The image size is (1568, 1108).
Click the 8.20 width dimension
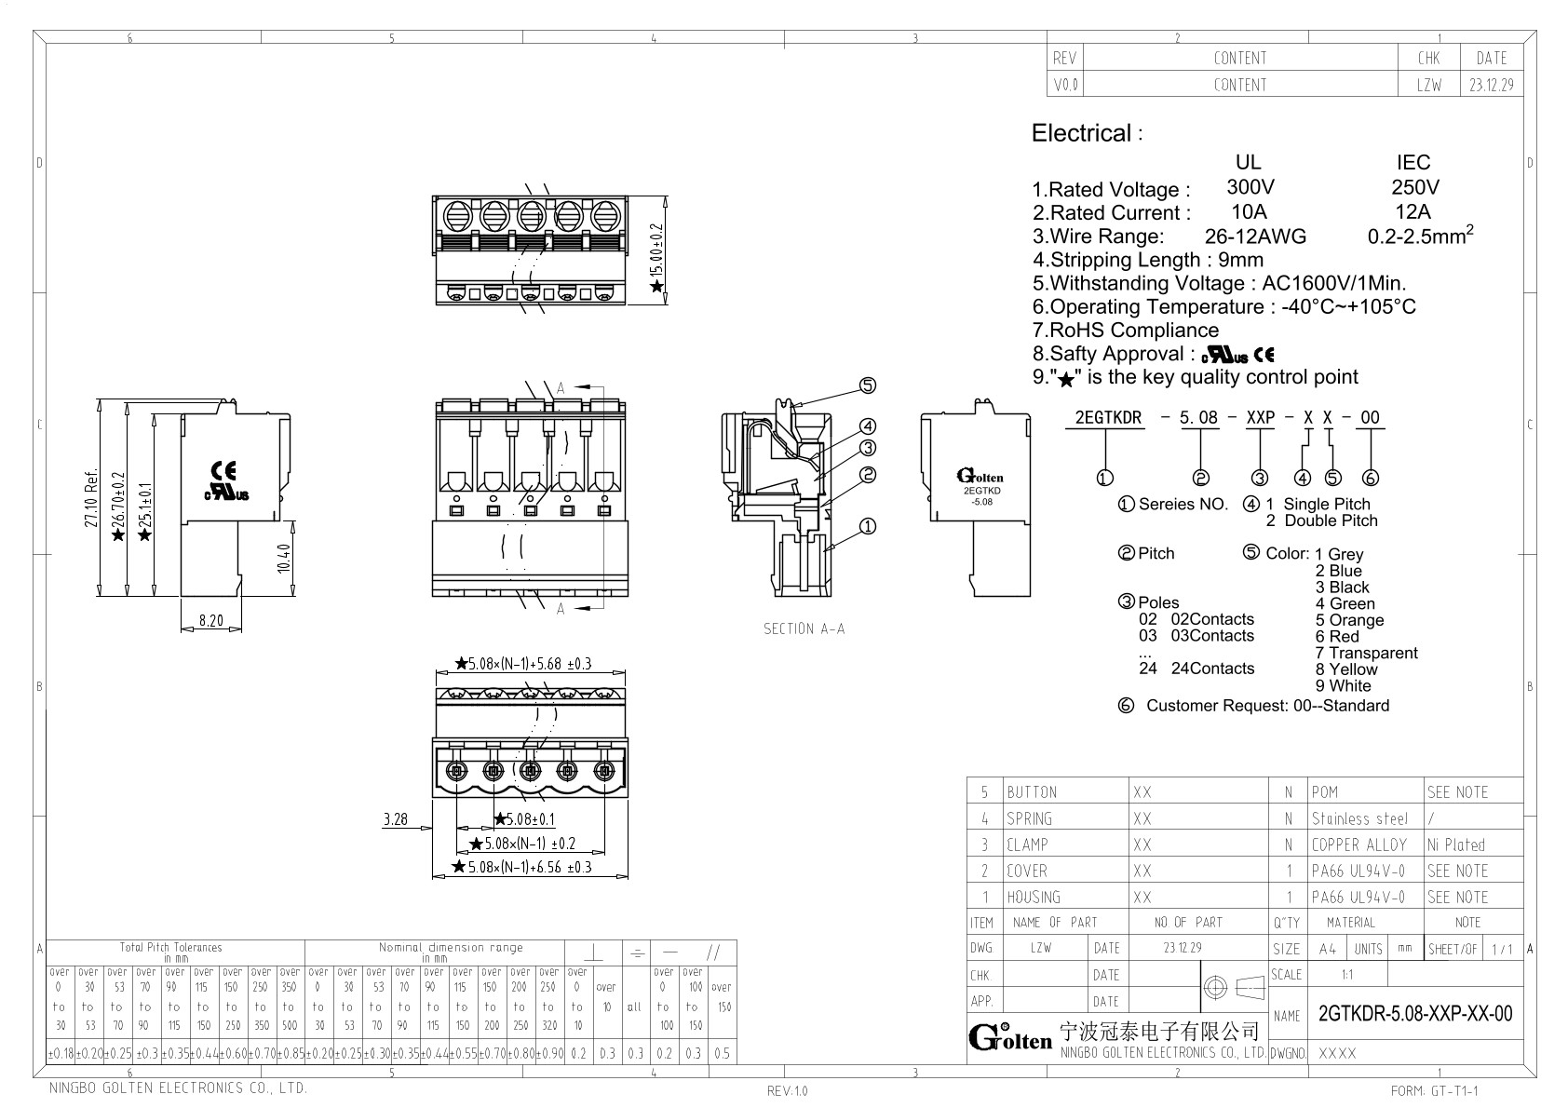coord(210,620)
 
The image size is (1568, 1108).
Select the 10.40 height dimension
coord(284,558)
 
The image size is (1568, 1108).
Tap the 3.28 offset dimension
coord(395,819)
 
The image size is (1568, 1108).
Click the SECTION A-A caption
coord(804,629)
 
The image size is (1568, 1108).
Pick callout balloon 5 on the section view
coord(867,385)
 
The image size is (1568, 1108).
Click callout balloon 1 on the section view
coord(867,526)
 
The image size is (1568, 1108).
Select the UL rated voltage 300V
coord(1250,187)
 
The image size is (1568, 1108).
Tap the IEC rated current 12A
coord(1413,211)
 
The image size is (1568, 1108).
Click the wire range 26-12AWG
coord(1254,236)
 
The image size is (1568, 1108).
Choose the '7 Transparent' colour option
coord(1366,653)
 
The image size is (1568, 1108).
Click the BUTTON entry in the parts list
coord(1032,792)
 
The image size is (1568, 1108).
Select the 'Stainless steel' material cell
coord(1359,818)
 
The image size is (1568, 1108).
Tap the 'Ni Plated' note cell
coord(1455,845)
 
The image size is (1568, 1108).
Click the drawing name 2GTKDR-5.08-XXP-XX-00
coord(1415,1014)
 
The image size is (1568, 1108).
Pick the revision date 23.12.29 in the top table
coord(1491,85)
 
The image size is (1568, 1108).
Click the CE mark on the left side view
coord(224,470)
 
